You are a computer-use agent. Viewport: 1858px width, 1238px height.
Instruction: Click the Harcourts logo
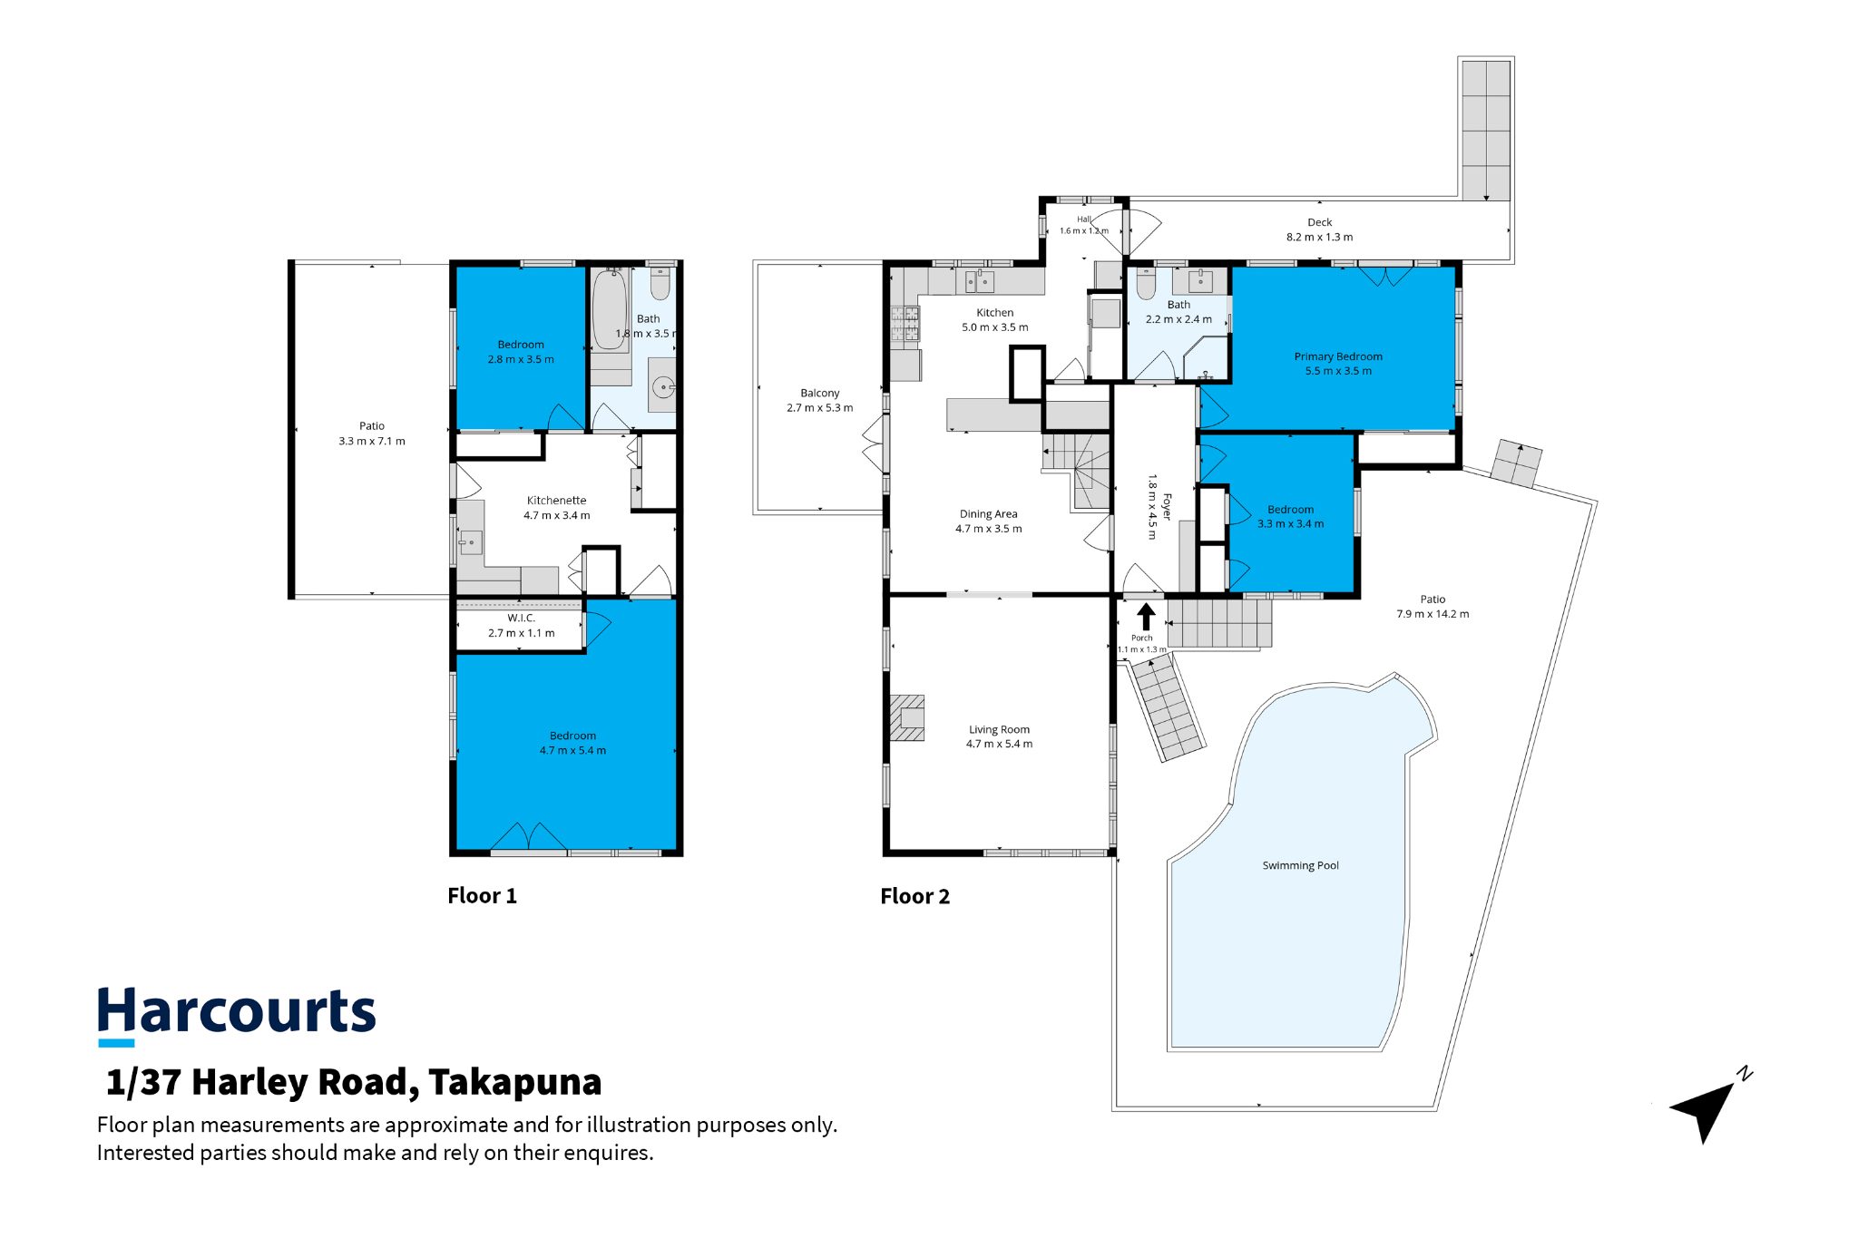237,1014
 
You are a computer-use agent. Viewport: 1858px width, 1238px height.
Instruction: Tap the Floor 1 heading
482,896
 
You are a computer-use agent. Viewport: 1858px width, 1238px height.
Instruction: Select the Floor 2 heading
914,896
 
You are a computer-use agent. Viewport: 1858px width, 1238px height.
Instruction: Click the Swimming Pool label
1300,865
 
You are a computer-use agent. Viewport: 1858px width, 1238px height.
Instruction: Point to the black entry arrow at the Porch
1146,617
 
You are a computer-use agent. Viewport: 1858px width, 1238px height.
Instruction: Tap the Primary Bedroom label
1338,356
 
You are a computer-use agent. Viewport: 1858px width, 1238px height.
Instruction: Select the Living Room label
999,729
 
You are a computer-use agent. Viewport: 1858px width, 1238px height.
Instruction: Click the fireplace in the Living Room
906,718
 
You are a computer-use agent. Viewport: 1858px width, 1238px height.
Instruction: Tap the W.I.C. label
521,618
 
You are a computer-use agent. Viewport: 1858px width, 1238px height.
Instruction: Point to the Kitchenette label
556,501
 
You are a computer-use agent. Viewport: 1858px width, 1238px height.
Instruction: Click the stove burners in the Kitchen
905,324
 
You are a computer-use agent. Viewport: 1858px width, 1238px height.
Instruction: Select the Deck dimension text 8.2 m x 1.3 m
1319,238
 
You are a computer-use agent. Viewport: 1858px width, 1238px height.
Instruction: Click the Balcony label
819,394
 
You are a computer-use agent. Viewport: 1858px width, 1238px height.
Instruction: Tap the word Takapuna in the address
514,1083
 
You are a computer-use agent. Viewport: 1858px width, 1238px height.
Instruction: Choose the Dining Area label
988,514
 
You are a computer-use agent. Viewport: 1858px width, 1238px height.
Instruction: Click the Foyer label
1168,507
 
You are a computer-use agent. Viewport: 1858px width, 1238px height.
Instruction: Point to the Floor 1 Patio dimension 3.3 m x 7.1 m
372,442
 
